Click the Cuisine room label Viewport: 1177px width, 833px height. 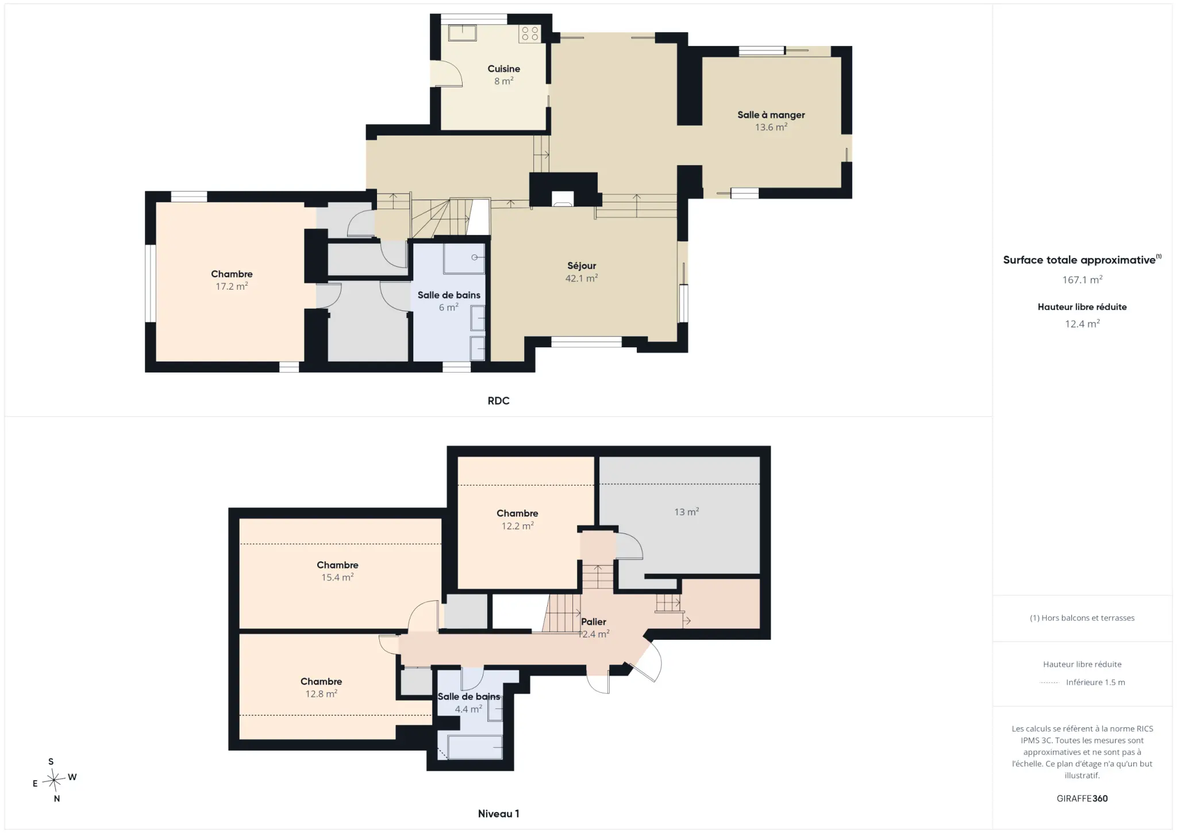click(503, 69)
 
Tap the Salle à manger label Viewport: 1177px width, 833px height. click(771, 115)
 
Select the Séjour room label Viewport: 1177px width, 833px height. click(582, 266)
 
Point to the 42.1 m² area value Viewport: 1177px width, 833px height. click(582, 278)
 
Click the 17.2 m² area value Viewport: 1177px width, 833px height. click(232, 286)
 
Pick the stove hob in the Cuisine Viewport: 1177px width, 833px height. click(530, 33)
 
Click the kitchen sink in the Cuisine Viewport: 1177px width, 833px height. click(463, 33)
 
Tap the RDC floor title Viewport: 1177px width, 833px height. click(498, 401)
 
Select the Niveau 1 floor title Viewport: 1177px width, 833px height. click(498, 813)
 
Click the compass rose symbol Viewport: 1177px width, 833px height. click(54, 780)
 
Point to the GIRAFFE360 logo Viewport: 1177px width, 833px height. click(1082, 799)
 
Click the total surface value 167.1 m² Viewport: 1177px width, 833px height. click(1082, 280)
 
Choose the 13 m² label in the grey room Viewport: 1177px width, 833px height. click(686, 512)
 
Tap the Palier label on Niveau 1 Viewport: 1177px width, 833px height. click(594, 622)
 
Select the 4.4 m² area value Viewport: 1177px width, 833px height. click(468, 709)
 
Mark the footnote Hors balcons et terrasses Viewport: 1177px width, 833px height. click(1082, 618)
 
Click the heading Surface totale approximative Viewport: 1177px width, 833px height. click(1080, 260)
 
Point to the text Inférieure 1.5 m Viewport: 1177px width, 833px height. click(1095, 682)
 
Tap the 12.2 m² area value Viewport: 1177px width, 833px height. click(517, 526)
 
